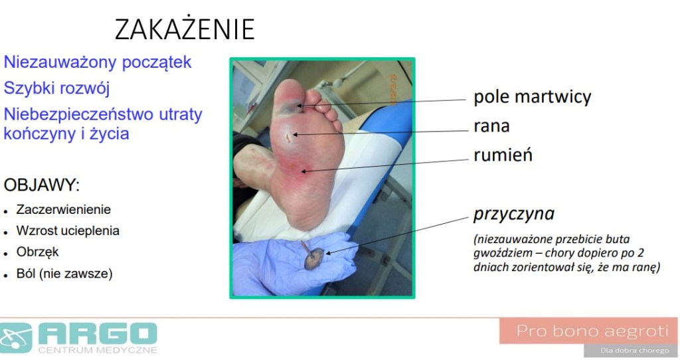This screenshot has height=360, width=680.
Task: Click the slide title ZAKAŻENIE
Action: (185, 29)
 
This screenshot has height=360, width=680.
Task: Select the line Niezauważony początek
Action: (98, 62)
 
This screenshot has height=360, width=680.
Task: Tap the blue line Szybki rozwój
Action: (57, 88)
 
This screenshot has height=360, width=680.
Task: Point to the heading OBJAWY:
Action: (42, 185)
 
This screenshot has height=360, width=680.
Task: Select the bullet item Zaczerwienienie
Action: (63, 209)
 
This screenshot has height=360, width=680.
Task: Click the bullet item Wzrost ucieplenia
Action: (68, 230)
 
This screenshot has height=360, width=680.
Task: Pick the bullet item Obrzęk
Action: (37, 252)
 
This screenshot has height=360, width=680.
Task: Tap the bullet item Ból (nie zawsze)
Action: (64, 274)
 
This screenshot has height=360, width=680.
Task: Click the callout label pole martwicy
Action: (532, 97)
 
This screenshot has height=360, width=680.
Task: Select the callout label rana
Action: (491, 126)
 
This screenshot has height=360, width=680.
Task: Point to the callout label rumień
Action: (503, 155)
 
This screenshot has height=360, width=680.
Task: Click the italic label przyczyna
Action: (513, 214)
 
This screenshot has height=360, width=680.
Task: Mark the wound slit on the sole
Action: (288, 137)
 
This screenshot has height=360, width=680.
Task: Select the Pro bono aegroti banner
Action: (588, 331)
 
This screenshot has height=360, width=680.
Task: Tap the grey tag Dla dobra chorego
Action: (634, 350)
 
